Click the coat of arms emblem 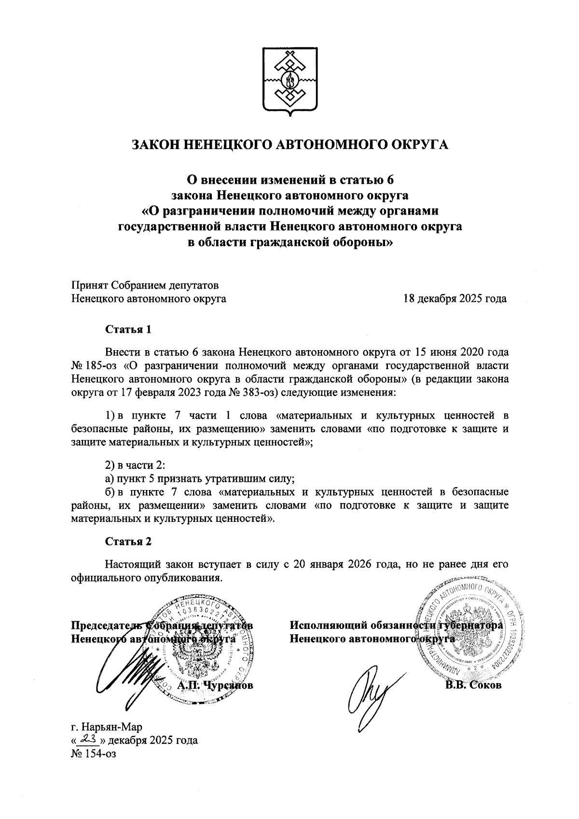(x=289, y=81)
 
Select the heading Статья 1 (x=128, y=330)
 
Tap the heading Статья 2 (x=128, y=541)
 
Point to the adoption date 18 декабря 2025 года (x=455, y=299)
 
